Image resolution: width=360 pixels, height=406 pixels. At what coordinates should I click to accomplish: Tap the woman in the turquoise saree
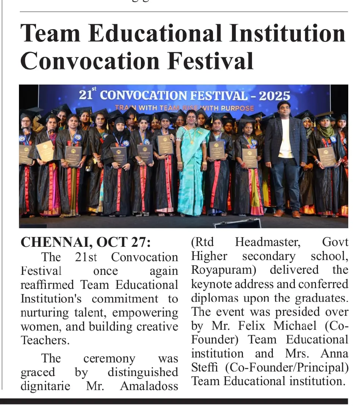pos(192,163)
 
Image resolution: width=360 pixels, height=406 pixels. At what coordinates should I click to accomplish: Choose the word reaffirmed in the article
pos(48,285)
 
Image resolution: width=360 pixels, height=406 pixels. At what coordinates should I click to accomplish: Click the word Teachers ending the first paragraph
pos(45,340)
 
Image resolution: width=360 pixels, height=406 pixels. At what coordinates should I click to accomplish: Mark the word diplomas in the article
pos(215,298)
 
